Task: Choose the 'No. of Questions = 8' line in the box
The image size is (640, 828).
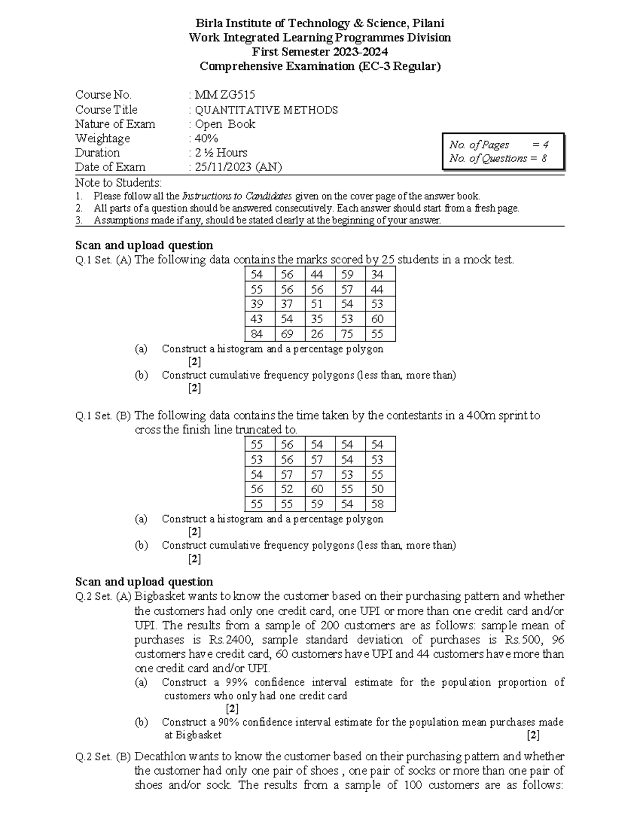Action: (498, 158)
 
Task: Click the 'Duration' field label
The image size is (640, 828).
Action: (98, 153)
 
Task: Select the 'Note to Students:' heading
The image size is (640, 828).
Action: (118, 182)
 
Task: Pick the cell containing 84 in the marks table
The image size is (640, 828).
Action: (257, 334)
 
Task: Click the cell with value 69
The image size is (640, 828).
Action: (287, 334)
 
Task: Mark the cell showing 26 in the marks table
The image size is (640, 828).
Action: (317, 334)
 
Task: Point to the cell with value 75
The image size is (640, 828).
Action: (347, 334)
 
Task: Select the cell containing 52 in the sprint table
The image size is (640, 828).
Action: (287, 489)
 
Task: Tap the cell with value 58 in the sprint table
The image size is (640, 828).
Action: (378, 504)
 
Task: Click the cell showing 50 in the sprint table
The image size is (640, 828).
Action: (378, 489)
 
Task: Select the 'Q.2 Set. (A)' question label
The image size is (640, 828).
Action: (103, 597)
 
